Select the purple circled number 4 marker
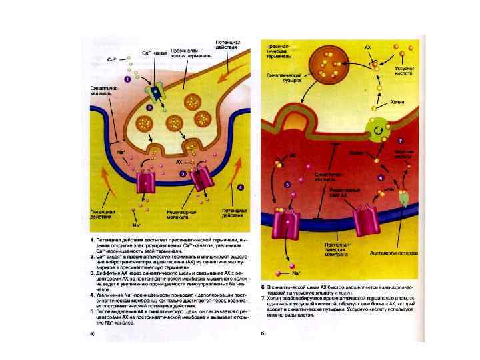pos(241,187)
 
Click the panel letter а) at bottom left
pos(91,333)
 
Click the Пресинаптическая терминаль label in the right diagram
pos(280,50)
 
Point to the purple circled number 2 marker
pos(149,107)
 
